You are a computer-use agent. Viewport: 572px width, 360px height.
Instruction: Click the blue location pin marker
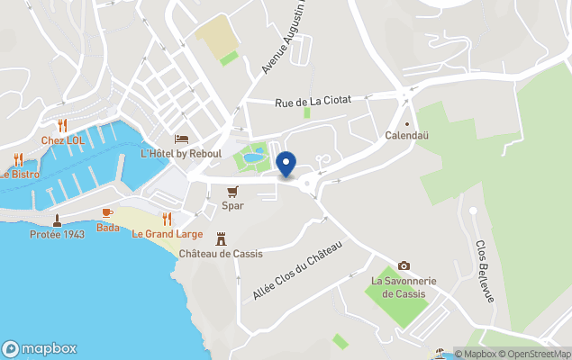286,165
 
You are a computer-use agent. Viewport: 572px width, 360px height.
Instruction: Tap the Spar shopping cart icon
232,192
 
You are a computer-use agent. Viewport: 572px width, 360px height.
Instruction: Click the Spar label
232,206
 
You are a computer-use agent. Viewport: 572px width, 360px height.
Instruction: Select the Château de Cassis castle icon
221,238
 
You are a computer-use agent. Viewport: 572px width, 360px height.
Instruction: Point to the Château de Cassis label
221,254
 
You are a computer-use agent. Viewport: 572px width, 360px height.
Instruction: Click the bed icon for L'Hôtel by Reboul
181,139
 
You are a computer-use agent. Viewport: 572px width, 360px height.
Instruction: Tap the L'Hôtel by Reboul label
181,154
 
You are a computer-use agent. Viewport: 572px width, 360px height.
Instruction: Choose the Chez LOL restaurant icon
62,125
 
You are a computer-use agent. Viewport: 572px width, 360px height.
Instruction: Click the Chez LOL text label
62,140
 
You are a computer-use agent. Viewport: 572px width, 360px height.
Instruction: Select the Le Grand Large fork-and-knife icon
167,219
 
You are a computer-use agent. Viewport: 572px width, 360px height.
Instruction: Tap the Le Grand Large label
167,234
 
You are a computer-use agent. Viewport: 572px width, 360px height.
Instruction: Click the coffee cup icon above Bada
107,212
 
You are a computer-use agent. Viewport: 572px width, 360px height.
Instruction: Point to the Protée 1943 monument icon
57,220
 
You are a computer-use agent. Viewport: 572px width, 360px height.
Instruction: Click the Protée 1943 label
57,235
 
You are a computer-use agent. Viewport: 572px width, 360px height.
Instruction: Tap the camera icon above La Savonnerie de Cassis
404,265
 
